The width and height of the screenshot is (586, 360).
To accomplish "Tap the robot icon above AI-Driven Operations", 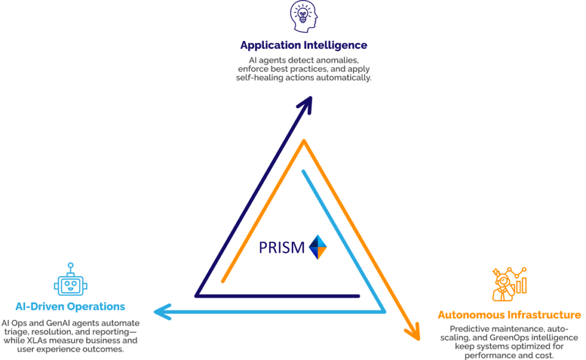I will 70,281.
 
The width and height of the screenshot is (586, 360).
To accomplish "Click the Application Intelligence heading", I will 303,45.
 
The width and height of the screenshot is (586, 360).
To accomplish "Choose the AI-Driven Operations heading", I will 70,306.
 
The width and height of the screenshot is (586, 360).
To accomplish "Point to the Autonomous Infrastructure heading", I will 509,315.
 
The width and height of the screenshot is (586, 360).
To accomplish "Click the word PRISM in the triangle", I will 281,248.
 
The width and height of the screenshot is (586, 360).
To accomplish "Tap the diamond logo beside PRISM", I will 318,247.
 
